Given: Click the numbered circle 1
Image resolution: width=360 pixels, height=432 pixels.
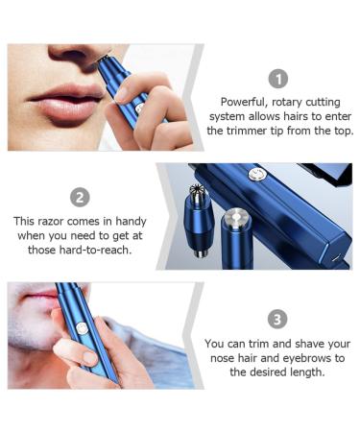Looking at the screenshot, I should (277, 79).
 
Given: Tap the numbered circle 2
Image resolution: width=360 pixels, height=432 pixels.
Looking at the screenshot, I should (81, 197).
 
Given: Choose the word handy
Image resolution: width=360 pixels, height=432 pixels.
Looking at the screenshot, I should (131, 221).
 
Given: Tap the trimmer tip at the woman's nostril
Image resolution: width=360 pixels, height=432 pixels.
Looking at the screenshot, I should (103, 60).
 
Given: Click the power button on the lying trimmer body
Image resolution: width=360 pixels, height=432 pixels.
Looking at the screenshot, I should (256, 174).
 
